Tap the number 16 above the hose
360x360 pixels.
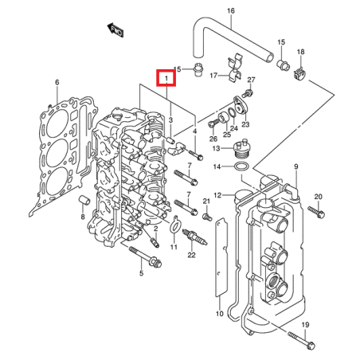pyautogui.click(x=231, y=11)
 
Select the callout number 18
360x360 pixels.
pyautogui.click(x=300, y=53)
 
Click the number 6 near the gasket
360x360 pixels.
pyautogui.click(x=57, y=83)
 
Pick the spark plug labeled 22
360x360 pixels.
pyautogui.click(x=190, y=237)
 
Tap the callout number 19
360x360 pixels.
pyautogui.click(x=304, y=325)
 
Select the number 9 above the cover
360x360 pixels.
pyautogui.click(x=295, y=166)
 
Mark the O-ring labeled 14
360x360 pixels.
pyautogui.click(x=237, y=166)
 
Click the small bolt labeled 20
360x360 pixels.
pyautogui.click(x=322, y=213)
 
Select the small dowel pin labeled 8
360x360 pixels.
pyautogui.click(x=82, y=198)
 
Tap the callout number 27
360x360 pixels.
pyautogui.click(x=251, y=81)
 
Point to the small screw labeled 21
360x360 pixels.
pyautogui.click(x=205, y=215)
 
